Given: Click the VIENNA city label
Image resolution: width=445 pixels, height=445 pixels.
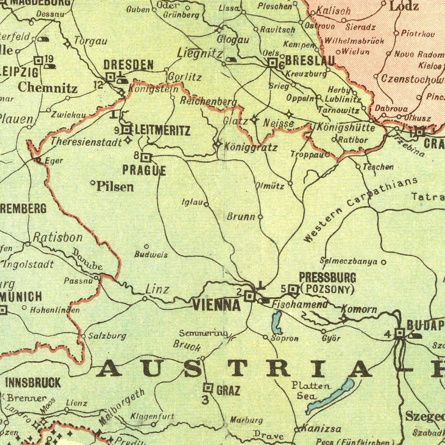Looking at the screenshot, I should (x=216, y=305).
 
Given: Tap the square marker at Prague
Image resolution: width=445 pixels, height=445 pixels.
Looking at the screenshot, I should (x=146, y=158).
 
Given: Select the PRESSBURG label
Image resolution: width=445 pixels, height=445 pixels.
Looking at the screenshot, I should (x=327, y=277).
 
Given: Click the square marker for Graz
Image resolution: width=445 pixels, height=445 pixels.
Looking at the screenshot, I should (x=208, y=388).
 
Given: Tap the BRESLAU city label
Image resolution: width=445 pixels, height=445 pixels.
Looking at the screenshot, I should (x=309, y=61).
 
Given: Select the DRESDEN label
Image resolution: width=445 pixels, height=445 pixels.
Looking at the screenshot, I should (x=128, y=65).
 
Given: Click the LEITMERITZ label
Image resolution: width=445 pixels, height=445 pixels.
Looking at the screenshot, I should (x=162, y=131).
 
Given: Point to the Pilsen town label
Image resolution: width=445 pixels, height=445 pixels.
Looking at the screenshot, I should (x=115, y=187).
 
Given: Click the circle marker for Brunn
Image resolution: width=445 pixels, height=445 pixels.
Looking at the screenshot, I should (x=260, y=217).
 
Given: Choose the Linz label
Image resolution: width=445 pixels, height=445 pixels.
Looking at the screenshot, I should (x=157, y=289).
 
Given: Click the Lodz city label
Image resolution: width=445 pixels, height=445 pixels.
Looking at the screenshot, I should (x=404, y=6).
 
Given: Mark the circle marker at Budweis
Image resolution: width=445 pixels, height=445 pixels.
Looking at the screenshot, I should (x=147, y=246).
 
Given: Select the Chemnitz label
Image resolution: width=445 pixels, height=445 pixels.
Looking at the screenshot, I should (x=47, y=88).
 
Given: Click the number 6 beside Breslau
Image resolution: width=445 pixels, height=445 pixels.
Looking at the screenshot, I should (x=281, y=66).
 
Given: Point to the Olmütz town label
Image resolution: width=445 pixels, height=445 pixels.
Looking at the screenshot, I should (x=269, y=186).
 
